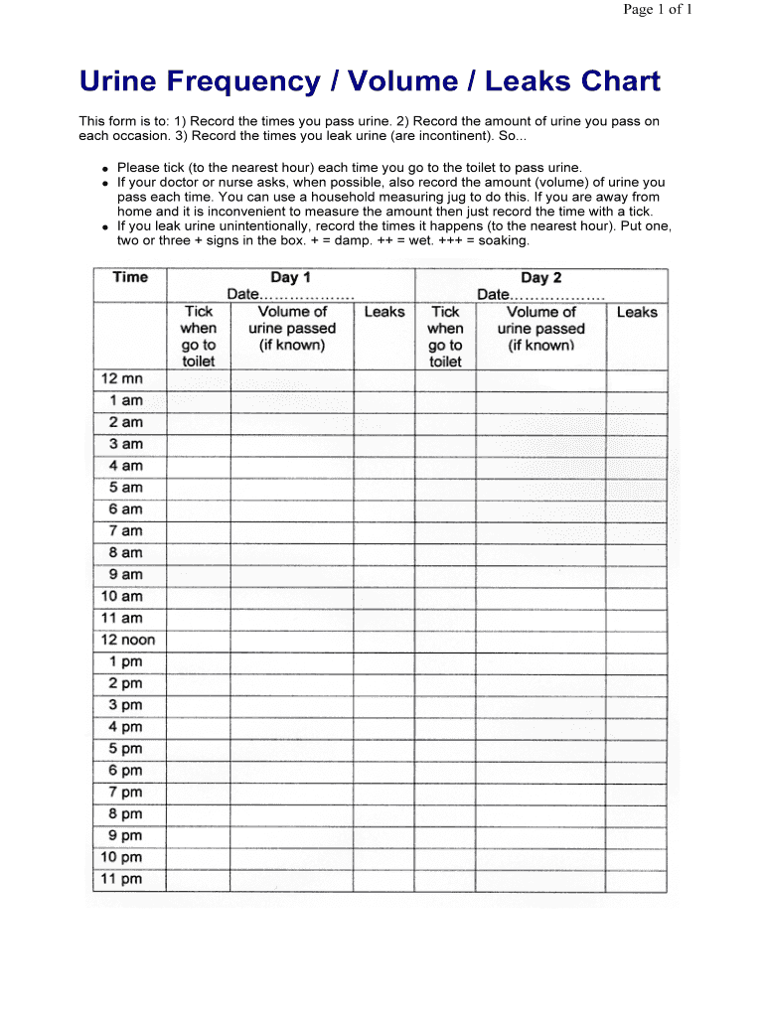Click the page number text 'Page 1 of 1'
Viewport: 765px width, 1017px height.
pyautogui.click(x=657, y=10)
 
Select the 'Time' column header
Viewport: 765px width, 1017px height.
pyautogui.click(x=130, y=277)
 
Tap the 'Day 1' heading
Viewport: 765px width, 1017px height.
pyautogui.click(x=290, y=278)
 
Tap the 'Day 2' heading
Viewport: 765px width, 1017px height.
pyautogui.click(x=540, y=278)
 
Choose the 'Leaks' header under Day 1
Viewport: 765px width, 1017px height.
pyautogui.click(x=384, y=312)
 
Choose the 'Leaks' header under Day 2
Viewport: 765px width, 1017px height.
pyautogui.click(x=637, y=312)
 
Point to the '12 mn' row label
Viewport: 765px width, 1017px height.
pyautogui.click(x=121, y=378)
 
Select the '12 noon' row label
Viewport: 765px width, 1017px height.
pyautogui.click(x=127, y=640)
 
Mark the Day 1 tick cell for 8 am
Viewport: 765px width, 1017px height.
pyautogui.click(x=199, y=552)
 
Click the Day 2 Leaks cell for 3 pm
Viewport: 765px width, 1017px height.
pyautogui.click(x=637, y=705)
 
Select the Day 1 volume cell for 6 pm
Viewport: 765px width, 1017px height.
pyautogui.click(x=292, y=771)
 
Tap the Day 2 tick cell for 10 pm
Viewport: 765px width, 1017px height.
pyautogui.click(x=445, y=857)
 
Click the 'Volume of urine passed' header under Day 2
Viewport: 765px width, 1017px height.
pyautogui.click(x=541, y=329)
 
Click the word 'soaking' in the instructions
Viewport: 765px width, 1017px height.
pyautogui.click(x=503, y=241)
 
